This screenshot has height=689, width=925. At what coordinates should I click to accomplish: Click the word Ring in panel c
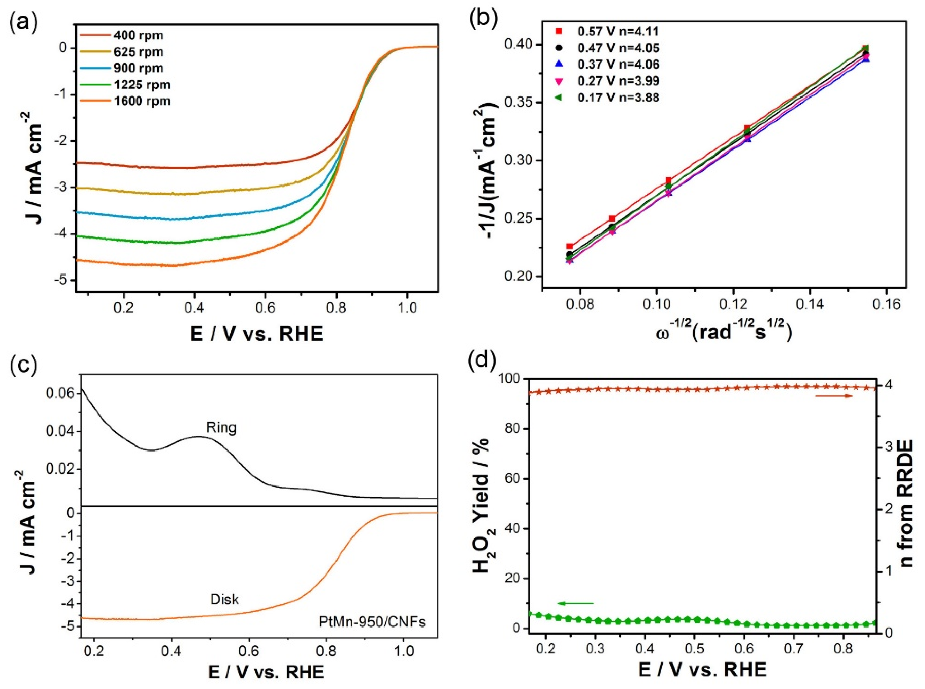coord(221,427)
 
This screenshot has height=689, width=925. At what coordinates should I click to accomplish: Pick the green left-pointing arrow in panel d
coord(575,603)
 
